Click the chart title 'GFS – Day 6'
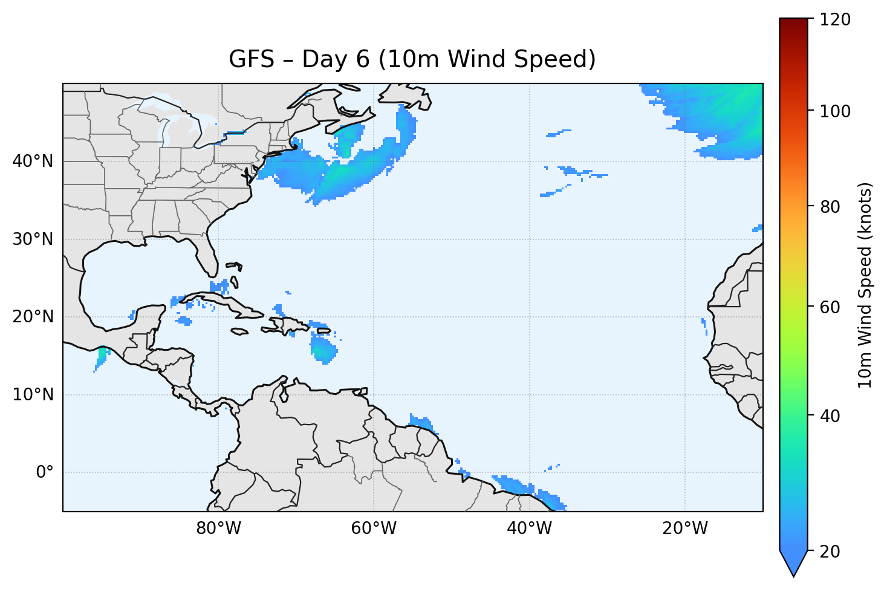412,59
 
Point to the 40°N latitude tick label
33,161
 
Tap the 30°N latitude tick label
33,239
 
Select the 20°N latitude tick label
33,317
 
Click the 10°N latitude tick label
33,395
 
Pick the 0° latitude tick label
45,472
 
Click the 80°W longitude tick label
218,529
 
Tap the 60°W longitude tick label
374,529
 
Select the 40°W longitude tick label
529,529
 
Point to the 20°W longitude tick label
684,529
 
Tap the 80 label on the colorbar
832,207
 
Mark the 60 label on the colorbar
832,307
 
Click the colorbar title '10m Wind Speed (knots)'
865,285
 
